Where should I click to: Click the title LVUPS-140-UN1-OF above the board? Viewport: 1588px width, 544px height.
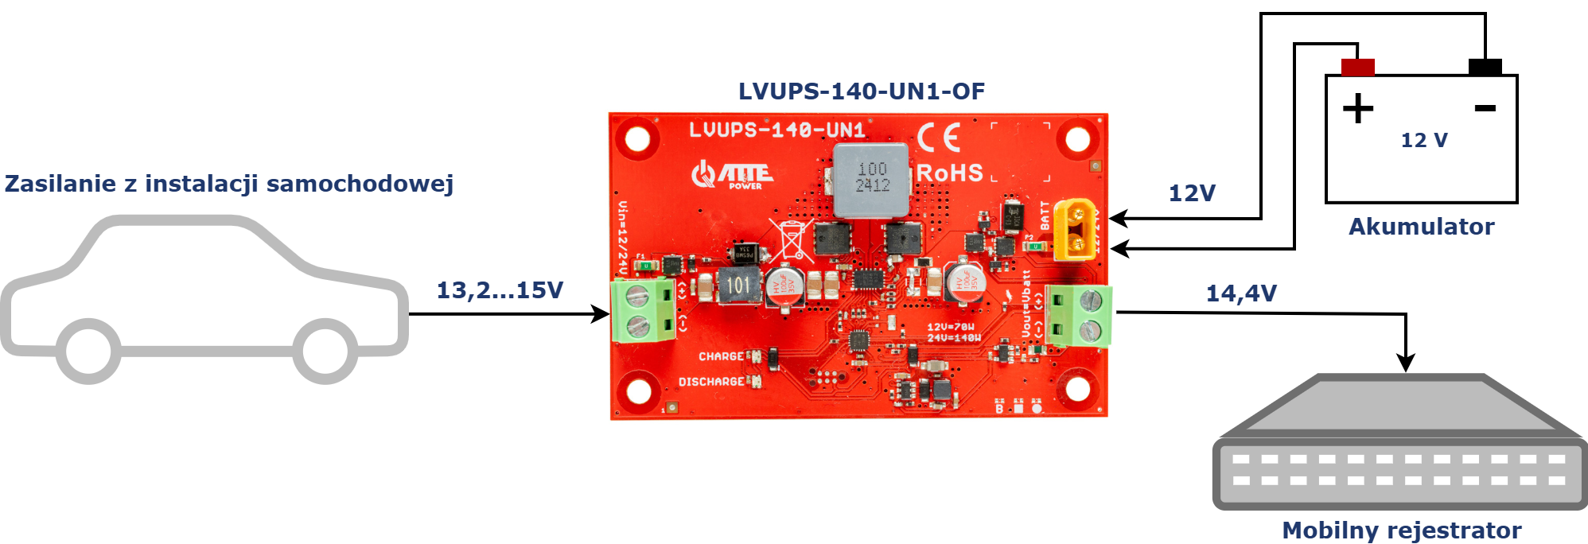click(861, 91)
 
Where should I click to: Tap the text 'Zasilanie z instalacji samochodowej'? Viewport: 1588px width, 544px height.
click(229, 184)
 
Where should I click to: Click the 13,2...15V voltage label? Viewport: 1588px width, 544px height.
click(500, 290)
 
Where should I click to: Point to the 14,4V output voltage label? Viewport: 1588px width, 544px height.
click(1241, 293)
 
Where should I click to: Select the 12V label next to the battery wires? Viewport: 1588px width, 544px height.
click(1191, 193)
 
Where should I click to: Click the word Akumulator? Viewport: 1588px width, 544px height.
click(1421, 227)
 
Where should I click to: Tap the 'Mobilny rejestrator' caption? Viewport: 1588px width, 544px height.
click(1401, 530)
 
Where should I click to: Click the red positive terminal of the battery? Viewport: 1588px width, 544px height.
click(1357, 67)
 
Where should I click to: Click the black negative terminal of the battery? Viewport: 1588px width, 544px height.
click(1485, 67)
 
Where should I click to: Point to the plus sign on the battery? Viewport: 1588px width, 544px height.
click(1358, 109)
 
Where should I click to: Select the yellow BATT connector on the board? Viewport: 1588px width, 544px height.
click(1074, 230)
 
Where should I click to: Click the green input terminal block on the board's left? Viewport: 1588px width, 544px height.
click(643, 310)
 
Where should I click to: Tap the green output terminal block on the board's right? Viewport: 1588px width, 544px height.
click(1079, 315)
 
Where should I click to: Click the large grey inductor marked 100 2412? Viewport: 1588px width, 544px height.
click(871, 180)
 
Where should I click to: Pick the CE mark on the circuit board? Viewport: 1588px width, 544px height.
click(939, 138)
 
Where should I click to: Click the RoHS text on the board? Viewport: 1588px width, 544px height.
click(950, 173)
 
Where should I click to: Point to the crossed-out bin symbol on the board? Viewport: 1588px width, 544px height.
click(792, 240)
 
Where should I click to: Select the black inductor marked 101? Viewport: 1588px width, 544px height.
click(738, 286)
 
